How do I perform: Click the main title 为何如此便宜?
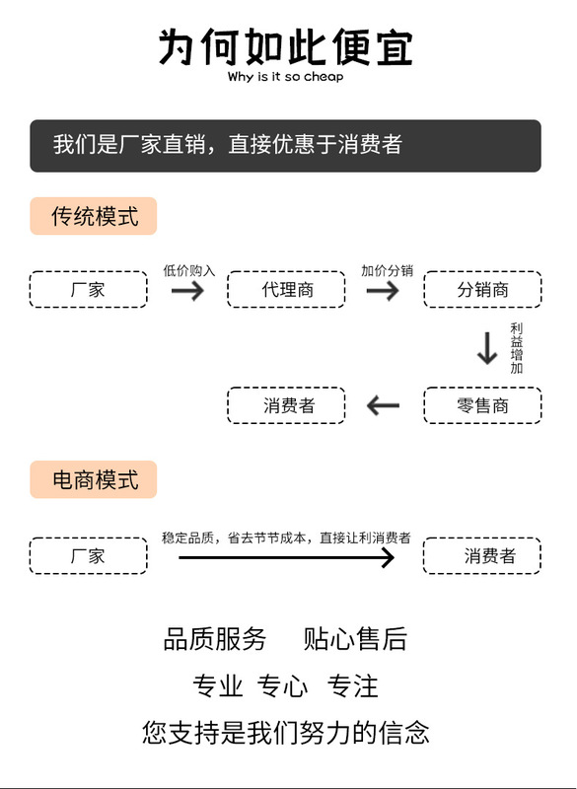[286, 46]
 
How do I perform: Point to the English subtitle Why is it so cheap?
[285, 77]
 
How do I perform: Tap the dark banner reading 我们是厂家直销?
[285, 145]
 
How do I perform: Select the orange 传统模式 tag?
[94, 216]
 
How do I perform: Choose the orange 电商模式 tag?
[94, 479]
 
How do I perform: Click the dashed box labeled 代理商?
[286, 289]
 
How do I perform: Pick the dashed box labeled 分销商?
[482, 289]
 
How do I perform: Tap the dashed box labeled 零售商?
[482, 405]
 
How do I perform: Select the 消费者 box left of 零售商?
[286, 405]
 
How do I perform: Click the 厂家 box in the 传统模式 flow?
[89, 289]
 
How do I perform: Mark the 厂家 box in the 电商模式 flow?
[89, 555]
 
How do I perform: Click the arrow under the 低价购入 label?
[187, 290]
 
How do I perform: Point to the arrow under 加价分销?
[383, 290]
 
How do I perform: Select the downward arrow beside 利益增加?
[487, 348]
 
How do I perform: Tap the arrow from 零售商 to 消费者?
[383, 405]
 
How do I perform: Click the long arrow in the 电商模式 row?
[286, 557]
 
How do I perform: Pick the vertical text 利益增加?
[517, 349]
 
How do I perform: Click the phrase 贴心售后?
[355, 639]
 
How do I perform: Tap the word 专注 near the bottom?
[352, 685]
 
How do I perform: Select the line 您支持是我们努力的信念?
[285, 732]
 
